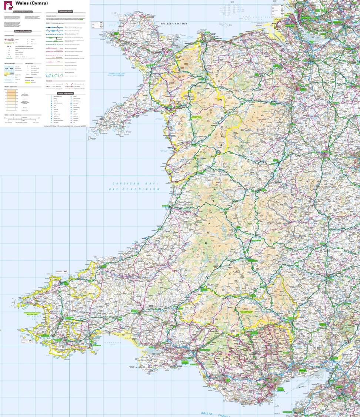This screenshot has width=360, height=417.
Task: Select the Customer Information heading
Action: click(x=23, y=12)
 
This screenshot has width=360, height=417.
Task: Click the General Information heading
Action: click(x=23, y=31)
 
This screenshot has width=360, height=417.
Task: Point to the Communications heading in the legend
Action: click(x=66, y=11)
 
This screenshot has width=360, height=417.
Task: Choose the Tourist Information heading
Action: click(x=66, y=93)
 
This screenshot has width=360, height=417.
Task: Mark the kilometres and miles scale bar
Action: click(x=22, y=119)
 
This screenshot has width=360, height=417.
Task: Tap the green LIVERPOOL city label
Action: click(x=306, y=17)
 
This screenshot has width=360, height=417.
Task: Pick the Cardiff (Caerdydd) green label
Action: click(x=281, y=389)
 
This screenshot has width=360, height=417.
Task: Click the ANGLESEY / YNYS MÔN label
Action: click(x=178, y=24)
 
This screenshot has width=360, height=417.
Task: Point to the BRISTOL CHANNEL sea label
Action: click(x=215, y=414)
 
